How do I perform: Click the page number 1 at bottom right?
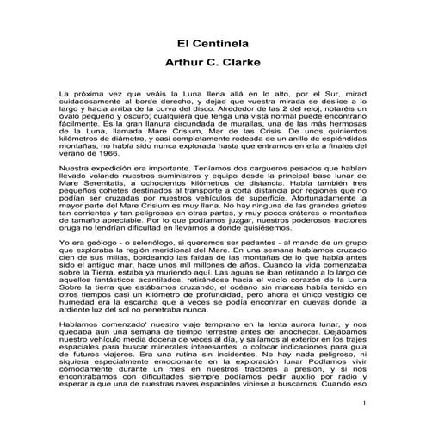point(364,404)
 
